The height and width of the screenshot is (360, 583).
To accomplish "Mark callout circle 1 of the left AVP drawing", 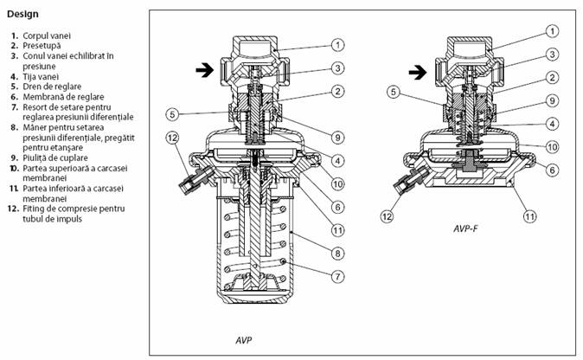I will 339,44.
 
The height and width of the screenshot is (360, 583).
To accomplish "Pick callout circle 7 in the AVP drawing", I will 339,274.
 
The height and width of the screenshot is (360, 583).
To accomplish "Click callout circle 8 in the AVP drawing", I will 339,250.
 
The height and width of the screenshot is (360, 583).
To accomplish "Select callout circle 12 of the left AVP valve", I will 172,137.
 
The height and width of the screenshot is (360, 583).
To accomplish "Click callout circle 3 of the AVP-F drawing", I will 551,54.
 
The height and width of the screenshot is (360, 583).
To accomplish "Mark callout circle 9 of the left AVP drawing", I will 339,134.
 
